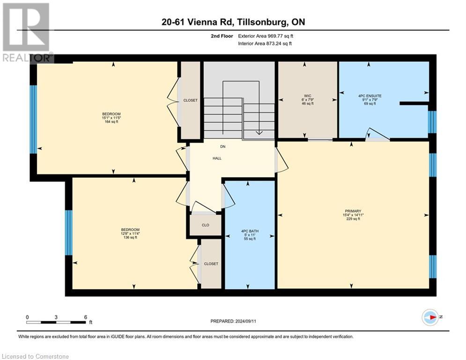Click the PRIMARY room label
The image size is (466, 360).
354,211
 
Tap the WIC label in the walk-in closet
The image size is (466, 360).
307,95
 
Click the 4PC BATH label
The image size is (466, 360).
249,231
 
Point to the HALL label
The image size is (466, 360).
217,158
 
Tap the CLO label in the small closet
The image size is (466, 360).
205,225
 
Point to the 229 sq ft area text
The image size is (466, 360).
354,219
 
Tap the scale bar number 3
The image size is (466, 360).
56,317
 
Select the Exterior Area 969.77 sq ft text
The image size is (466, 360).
266,36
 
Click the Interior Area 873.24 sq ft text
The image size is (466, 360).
266,44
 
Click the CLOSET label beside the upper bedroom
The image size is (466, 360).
190,100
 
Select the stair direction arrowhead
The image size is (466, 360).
259,133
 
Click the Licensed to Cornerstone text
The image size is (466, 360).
36,357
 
